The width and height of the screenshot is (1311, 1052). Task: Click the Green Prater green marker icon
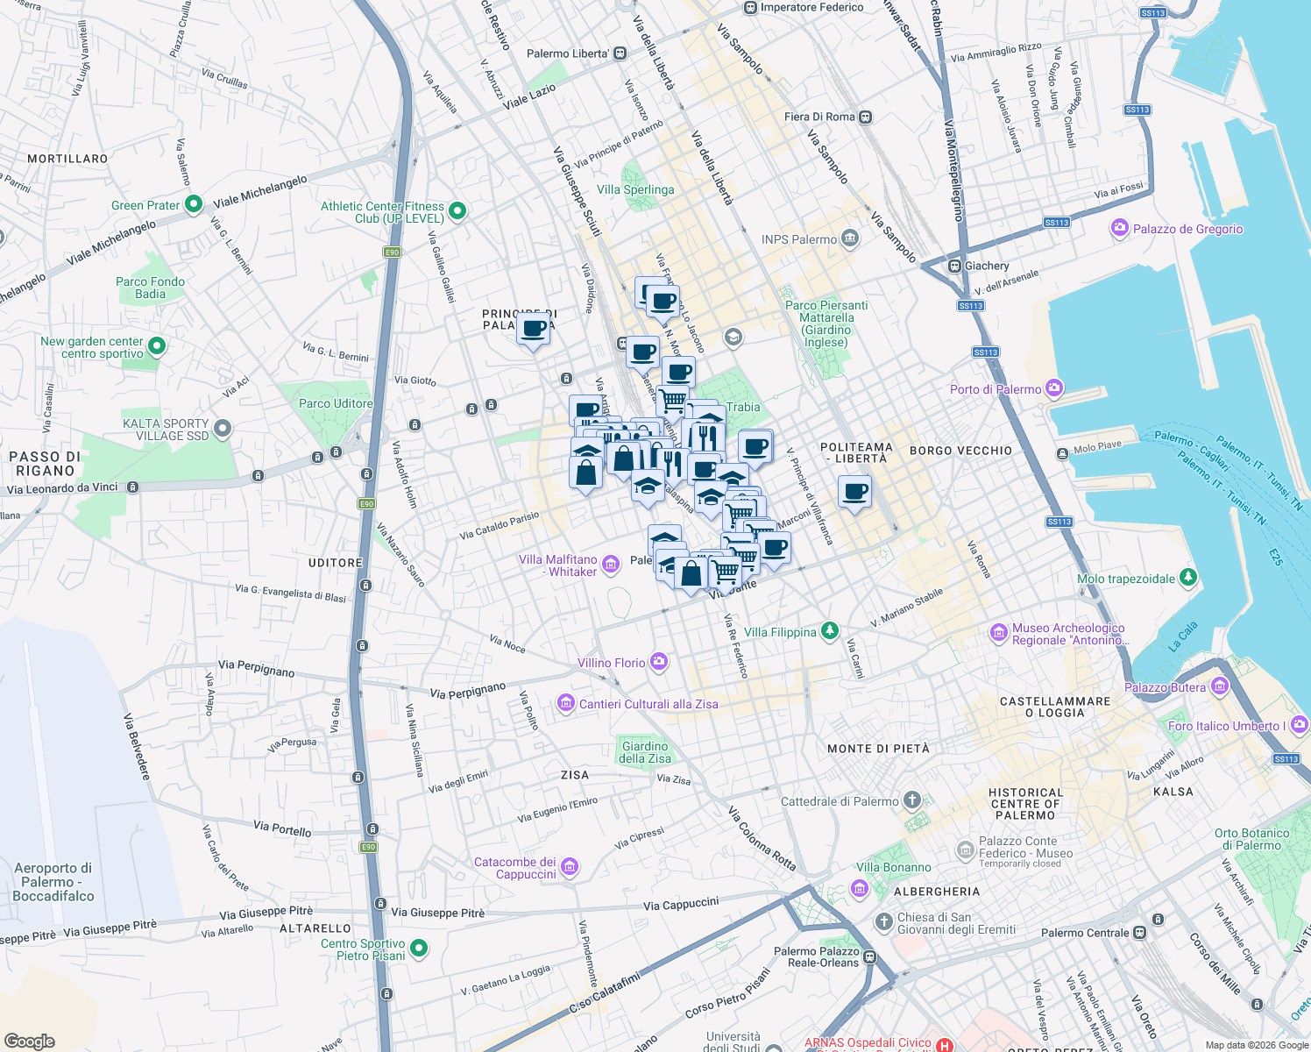[194, 204]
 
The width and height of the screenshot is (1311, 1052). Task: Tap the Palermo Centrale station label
[1085, 933]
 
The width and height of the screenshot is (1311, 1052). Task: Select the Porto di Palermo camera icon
[1054, 387]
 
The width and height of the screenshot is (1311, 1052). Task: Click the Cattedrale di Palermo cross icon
[912, 800]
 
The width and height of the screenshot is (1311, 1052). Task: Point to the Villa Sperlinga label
[635, 189]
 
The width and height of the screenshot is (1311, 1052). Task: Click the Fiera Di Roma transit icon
[866, 117]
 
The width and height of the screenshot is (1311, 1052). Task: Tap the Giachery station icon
[954, 266]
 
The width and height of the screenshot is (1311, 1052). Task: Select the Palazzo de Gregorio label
[1187, 229]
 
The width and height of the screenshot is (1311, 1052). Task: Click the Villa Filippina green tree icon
[829, 631]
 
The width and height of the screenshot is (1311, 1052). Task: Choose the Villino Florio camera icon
[659, 663]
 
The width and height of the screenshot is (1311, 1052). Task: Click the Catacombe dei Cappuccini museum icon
[570, 868]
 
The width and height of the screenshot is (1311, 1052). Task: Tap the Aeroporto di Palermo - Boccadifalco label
[53, 882]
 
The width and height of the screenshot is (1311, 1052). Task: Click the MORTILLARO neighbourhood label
[67, 159]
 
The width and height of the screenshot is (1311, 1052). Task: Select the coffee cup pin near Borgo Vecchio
[854, 492]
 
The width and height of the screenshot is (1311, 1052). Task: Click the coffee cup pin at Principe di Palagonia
[533, 330]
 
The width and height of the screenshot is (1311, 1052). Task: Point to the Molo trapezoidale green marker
[1187, 578]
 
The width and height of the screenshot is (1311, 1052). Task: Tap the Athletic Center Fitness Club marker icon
[457, 211]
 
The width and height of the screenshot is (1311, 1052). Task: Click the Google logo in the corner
[29, 1041]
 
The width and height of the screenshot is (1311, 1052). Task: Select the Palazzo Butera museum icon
[1219, 686]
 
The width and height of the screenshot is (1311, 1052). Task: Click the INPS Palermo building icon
[849, 238]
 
